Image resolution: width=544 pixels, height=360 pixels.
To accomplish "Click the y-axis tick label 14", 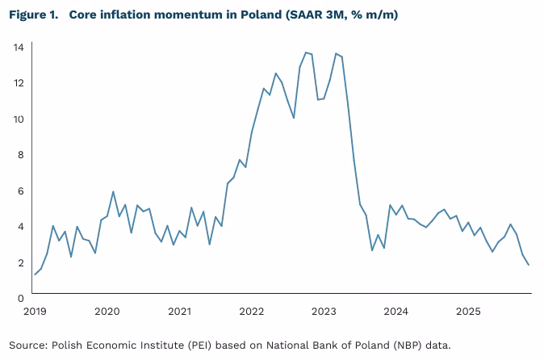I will pyautogui.click(x=17, y=47).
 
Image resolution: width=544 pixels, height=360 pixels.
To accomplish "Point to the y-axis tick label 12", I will pyautogui.click(x=17, y=83).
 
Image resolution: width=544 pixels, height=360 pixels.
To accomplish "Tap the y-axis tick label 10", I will pyautogui.click(x=17, y=119).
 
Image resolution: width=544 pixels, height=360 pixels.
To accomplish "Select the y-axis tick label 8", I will pyautogui.click(x=19, y=155).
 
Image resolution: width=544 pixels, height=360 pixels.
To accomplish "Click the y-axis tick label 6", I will pyautogui.click(x=19, y=190).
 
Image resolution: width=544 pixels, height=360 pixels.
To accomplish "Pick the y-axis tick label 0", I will pyautogui.click(x=19, y=299).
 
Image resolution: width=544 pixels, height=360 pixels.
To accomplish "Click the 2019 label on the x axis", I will pyautogui.click(x=35, y=311).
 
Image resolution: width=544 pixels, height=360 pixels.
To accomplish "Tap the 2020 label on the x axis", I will pyautogui.click(x=107, y=311).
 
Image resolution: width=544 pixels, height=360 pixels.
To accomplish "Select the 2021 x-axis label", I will pyautogui.click(x=179, y=311).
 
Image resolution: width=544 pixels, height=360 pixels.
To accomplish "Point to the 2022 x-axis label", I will pyautogui.click(x=252, y=311).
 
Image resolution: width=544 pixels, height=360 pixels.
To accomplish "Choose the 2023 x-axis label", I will pyautogui.click(x=324, y=311).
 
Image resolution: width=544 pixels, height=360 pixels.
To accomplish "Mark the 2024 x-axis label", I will pyautogui.click(x=396, y=311).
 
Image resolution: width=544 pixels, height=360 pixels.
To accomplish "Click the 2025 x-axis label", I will pyautogui.click(x=468, y=311).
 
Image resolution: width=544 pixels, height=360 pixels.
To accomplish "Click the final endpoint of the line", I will pyautogui.click(x=529, y=266).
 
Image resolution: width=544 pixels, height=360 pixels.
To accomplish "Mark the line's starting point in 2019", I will pyautogui.click(x=35, y=274).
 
